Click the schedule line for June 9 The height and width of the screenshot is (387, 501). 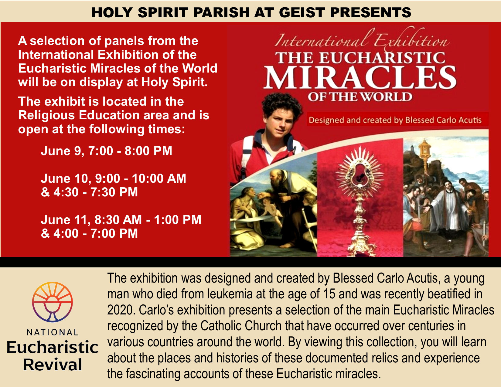(x=106, y=151)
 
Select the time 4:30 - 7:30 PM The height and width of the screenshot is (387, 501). (x=95, y=192)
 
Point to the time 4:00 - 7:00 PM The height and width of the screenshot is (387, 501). (x=95, y=233)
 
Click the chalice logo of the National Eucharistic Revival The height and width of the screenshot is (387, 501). (x=53, y=302)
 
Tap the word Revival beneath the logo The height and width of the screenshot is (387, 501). (x=53, y=365)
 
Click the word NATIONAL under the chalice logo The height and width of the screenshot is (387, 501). (x=53, y=332)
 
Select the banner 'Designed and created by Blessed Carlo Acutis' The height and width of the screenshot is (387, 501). (x=395, y=120)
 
